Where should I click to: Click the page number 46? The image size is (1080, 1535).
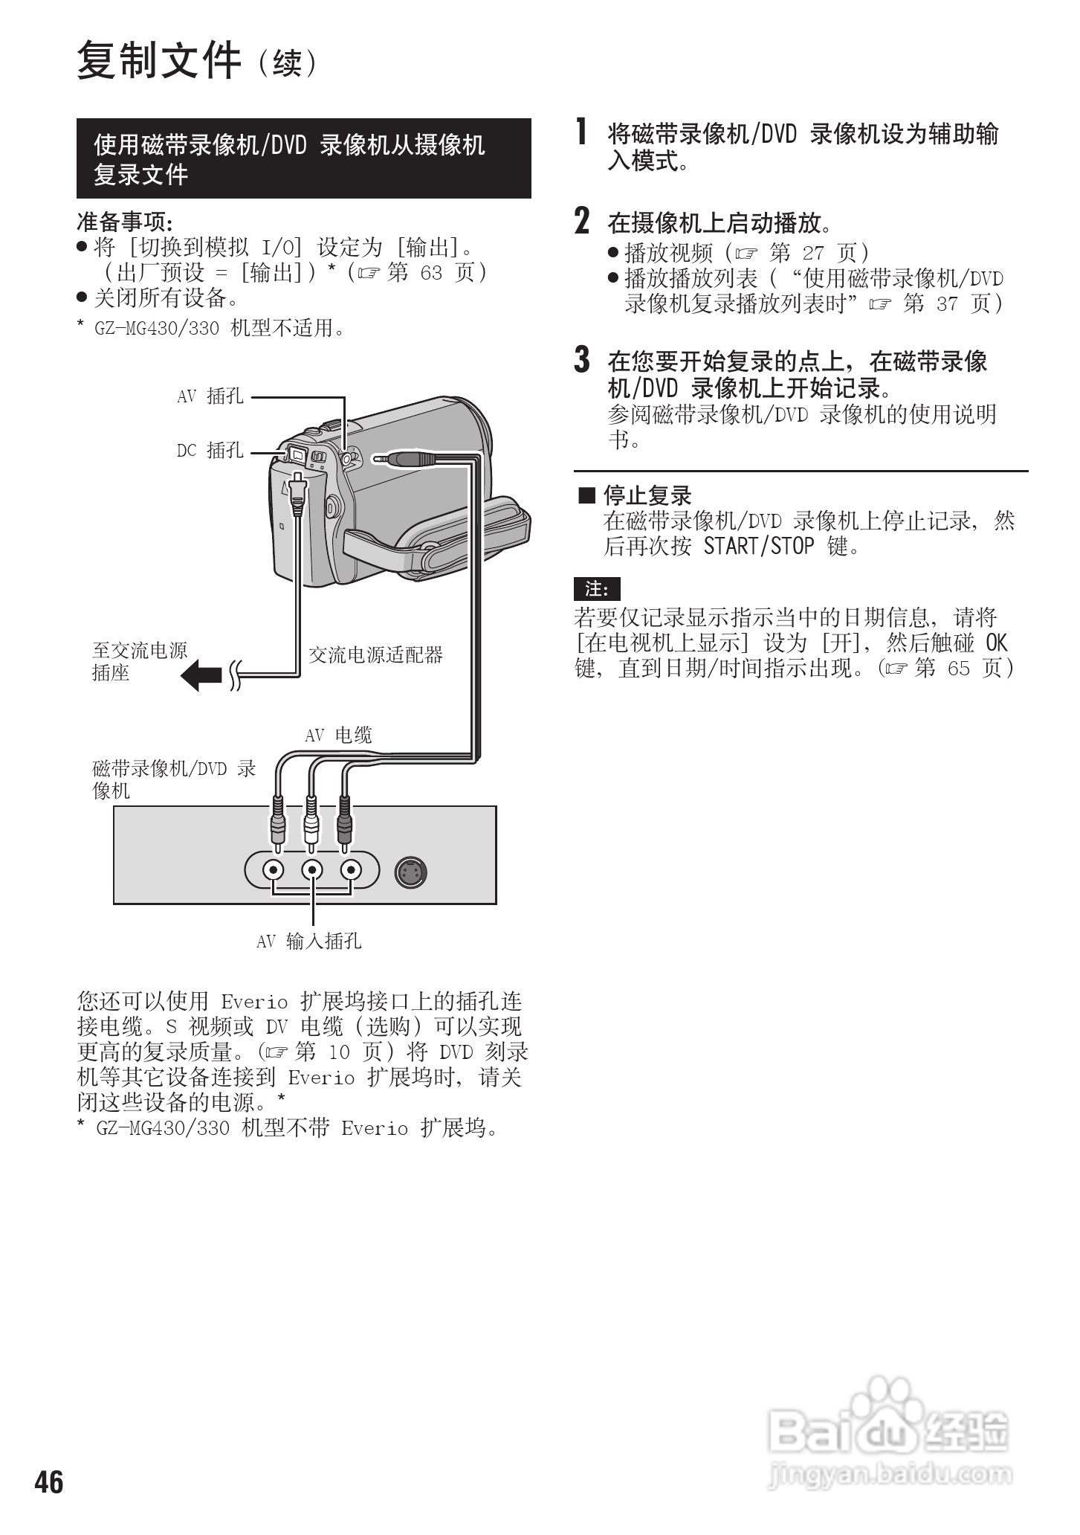[49, 1482]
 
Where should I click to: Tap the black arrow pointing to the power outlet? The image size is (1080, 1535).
[201, 676]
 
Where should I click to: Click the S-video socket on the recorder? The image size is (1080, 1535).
[411, 872]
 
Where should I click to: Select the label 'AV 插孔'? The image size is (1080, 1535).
[210, 396]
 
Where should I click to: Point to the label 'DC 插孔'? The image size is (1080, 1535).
[210, 450]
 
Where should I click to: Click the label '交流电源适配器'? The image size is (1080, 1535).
[375, 655]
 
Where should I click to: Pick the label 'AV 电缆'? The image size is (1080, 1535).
[339, 736]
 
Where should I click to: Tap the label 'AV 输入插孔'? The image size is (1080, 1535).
[309, 942]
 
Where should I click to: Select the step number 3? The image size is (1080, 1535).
[583, 360]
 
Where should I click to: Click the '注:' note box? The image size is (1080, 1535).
[597, 589]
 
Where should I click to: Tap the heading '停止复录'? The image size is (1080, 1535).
[647, 495]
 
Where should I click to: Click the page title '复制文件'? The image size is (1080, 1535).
[159, 61]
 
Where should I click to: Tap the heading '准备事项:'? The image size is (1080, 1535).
[125, 222]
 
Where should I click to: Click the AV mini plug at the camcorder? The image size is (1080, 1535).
[406, 459]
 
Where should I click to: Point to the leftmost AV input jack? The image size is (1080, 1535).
[275, 869]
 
